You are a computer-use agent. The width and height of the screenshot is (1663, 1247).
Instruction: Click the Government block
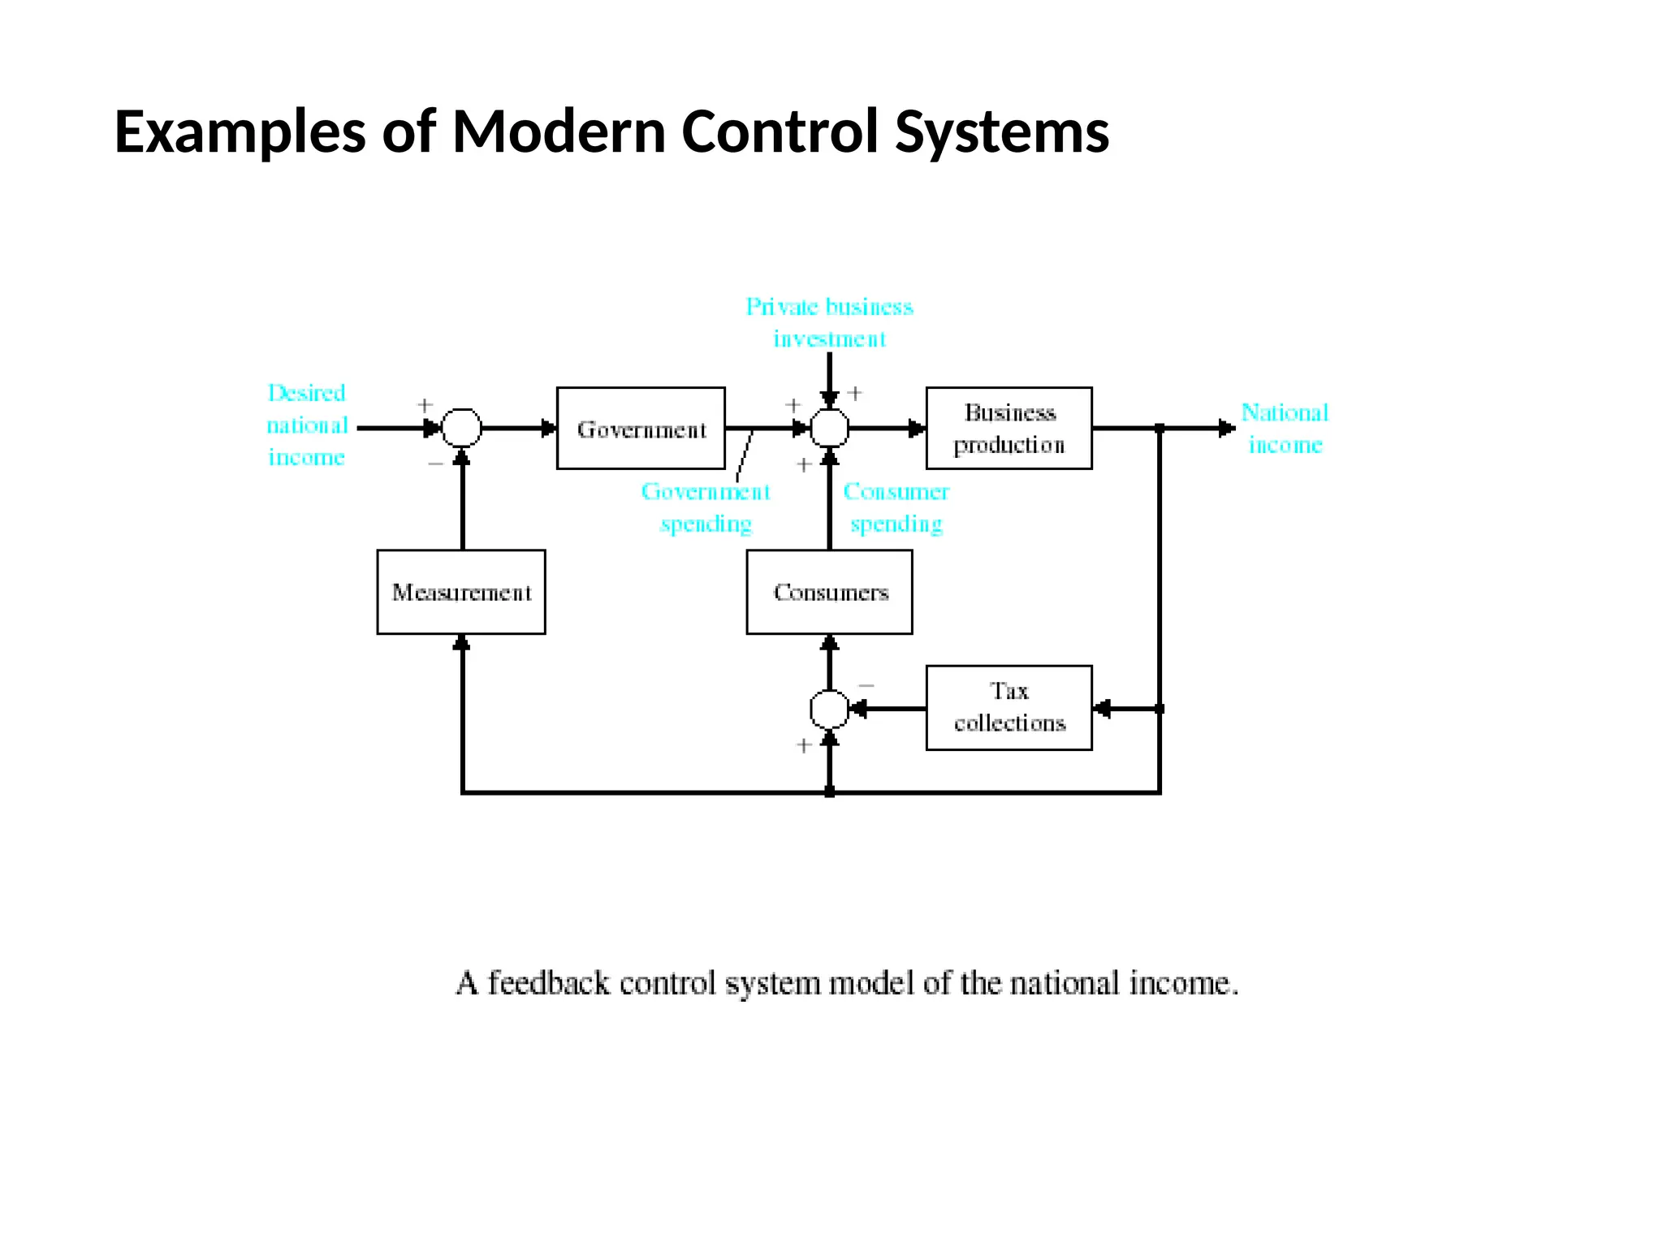(641, 428)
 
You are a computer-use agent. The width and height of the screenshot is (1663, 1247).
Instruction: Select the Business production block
(1009, 428)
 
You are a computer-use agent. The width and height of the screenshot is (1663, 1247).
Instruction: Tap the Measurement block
(461, 592)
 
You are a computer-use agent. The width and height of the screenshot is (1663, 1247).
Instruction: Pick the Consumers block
(829, 592)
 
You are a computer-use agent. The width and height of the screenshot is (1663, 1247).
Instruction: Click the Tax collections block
(1009, 707)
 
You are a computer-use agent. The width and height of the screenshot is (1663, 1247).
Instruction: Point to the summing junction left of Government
(461, 428)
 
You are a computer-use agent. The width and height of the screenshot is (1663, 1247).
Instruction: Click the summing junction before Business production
(829, 428)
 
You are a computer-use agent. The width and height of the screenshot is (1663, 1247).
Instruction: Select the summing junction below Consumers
(829, 709)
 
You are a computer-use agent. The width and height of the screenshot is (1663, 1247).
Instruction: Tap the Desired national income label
(307, 425)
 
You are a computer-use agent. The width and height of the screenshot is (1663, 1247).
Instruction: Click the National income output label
(1285, 428)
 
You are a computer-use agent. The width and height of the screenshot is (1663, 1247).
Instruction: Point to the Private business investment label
(829, 322)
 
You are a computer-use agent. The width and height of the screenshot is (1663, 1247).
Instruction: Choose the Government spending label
(706, 507)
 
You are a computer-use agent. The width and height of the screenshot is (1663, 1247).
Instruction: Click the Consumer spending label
(896, 507)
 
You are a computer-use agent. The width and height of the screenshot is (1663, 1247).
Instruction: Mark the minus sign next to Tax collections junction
(866, 686)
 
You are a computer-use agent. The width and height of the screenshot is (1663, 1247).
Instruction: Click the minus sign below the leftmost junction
(435, 464)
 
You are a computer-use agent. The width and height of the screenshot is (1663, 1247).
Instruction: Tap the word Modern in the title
(559, 132)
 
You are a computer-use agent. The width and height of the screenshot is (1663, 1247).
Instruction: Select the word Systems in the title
(1001, 132)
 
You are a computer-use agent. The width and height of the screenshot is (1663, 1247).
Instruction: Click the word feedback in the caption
(548, 983)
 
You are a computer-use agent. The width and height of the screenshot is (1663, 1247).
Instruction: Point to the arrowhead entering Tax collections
(1101, 709)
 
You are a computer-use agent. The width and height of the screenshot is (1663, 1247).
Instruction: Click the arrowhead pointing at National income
(1227, 428)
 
